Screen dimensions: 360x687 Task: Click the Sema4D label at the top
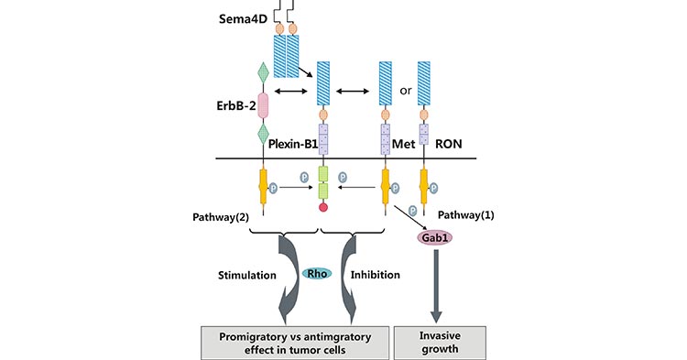point(239,18)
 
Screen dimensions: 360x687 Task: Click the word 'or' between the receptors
point(404,92)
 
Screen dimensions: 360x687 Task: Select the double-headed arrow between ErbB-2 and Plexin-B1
point(290,92)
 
